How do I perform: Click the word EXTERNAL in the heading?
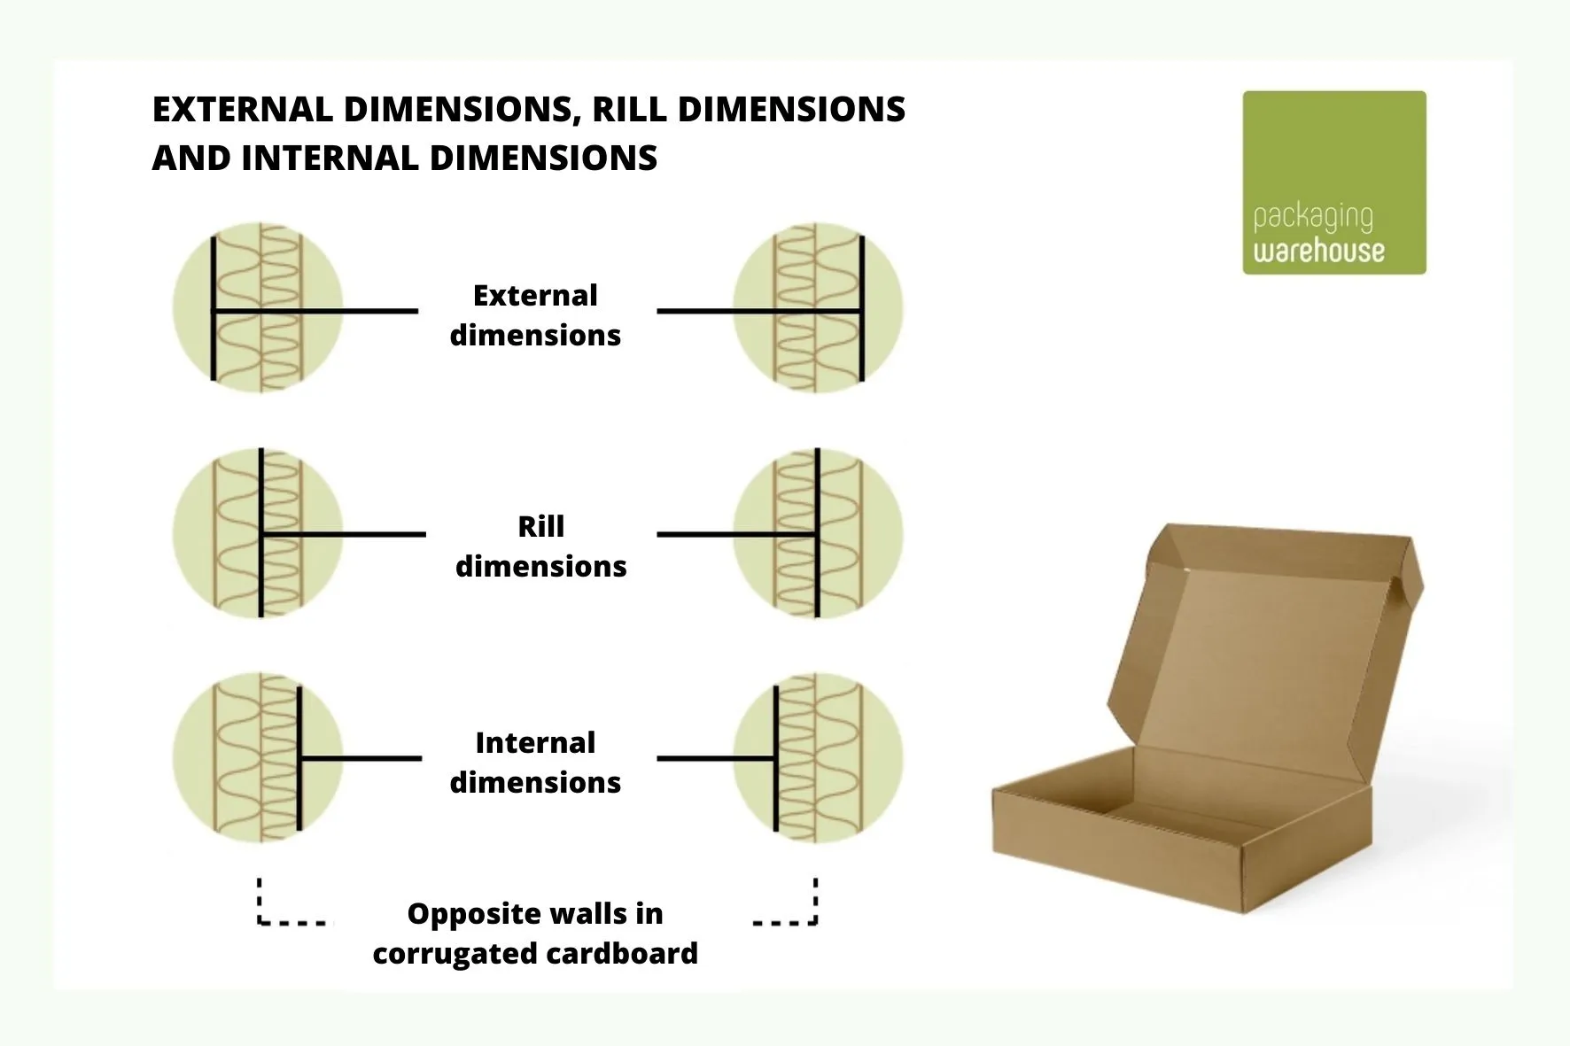[240, 110]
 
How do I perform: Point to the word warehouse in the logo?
[1318, 251]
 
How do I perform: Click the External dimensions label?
[535, 315]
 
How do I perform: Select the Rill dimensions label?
[540, 546]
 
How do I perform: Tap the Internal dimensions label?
[535, 763]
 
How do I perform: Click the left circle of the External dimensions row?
[258, 307]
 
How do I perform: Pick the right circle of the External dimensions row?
[818, 307]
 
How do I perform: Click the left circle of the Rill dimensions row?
[258, 534]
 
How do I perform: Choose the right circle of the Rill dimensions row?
[818, 534]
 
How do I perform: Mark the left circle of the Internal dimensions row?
[258, 758]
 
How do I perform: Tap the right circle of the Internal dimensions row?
[818, 758]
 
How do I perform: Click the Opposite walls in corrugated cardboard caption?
[535, 934]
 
